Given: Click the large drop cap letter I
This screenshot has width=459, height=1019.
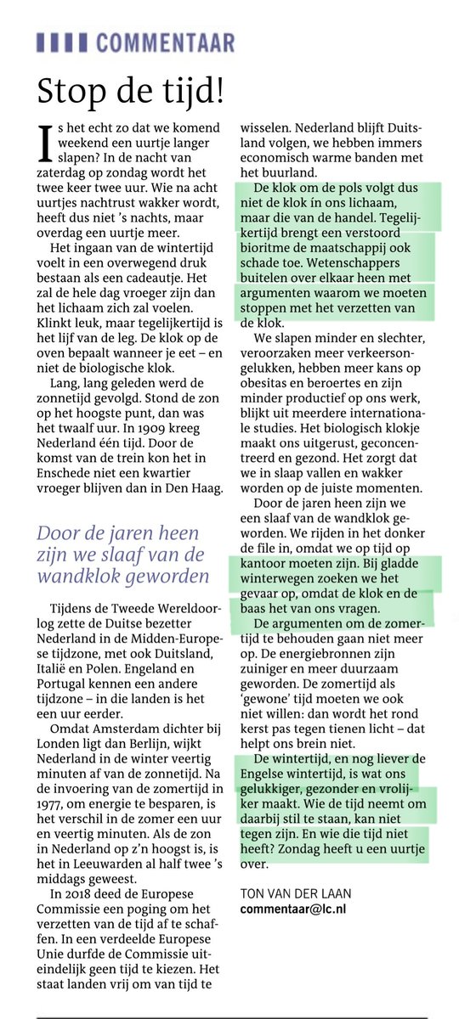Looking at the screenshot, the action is tap(45, 144).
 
